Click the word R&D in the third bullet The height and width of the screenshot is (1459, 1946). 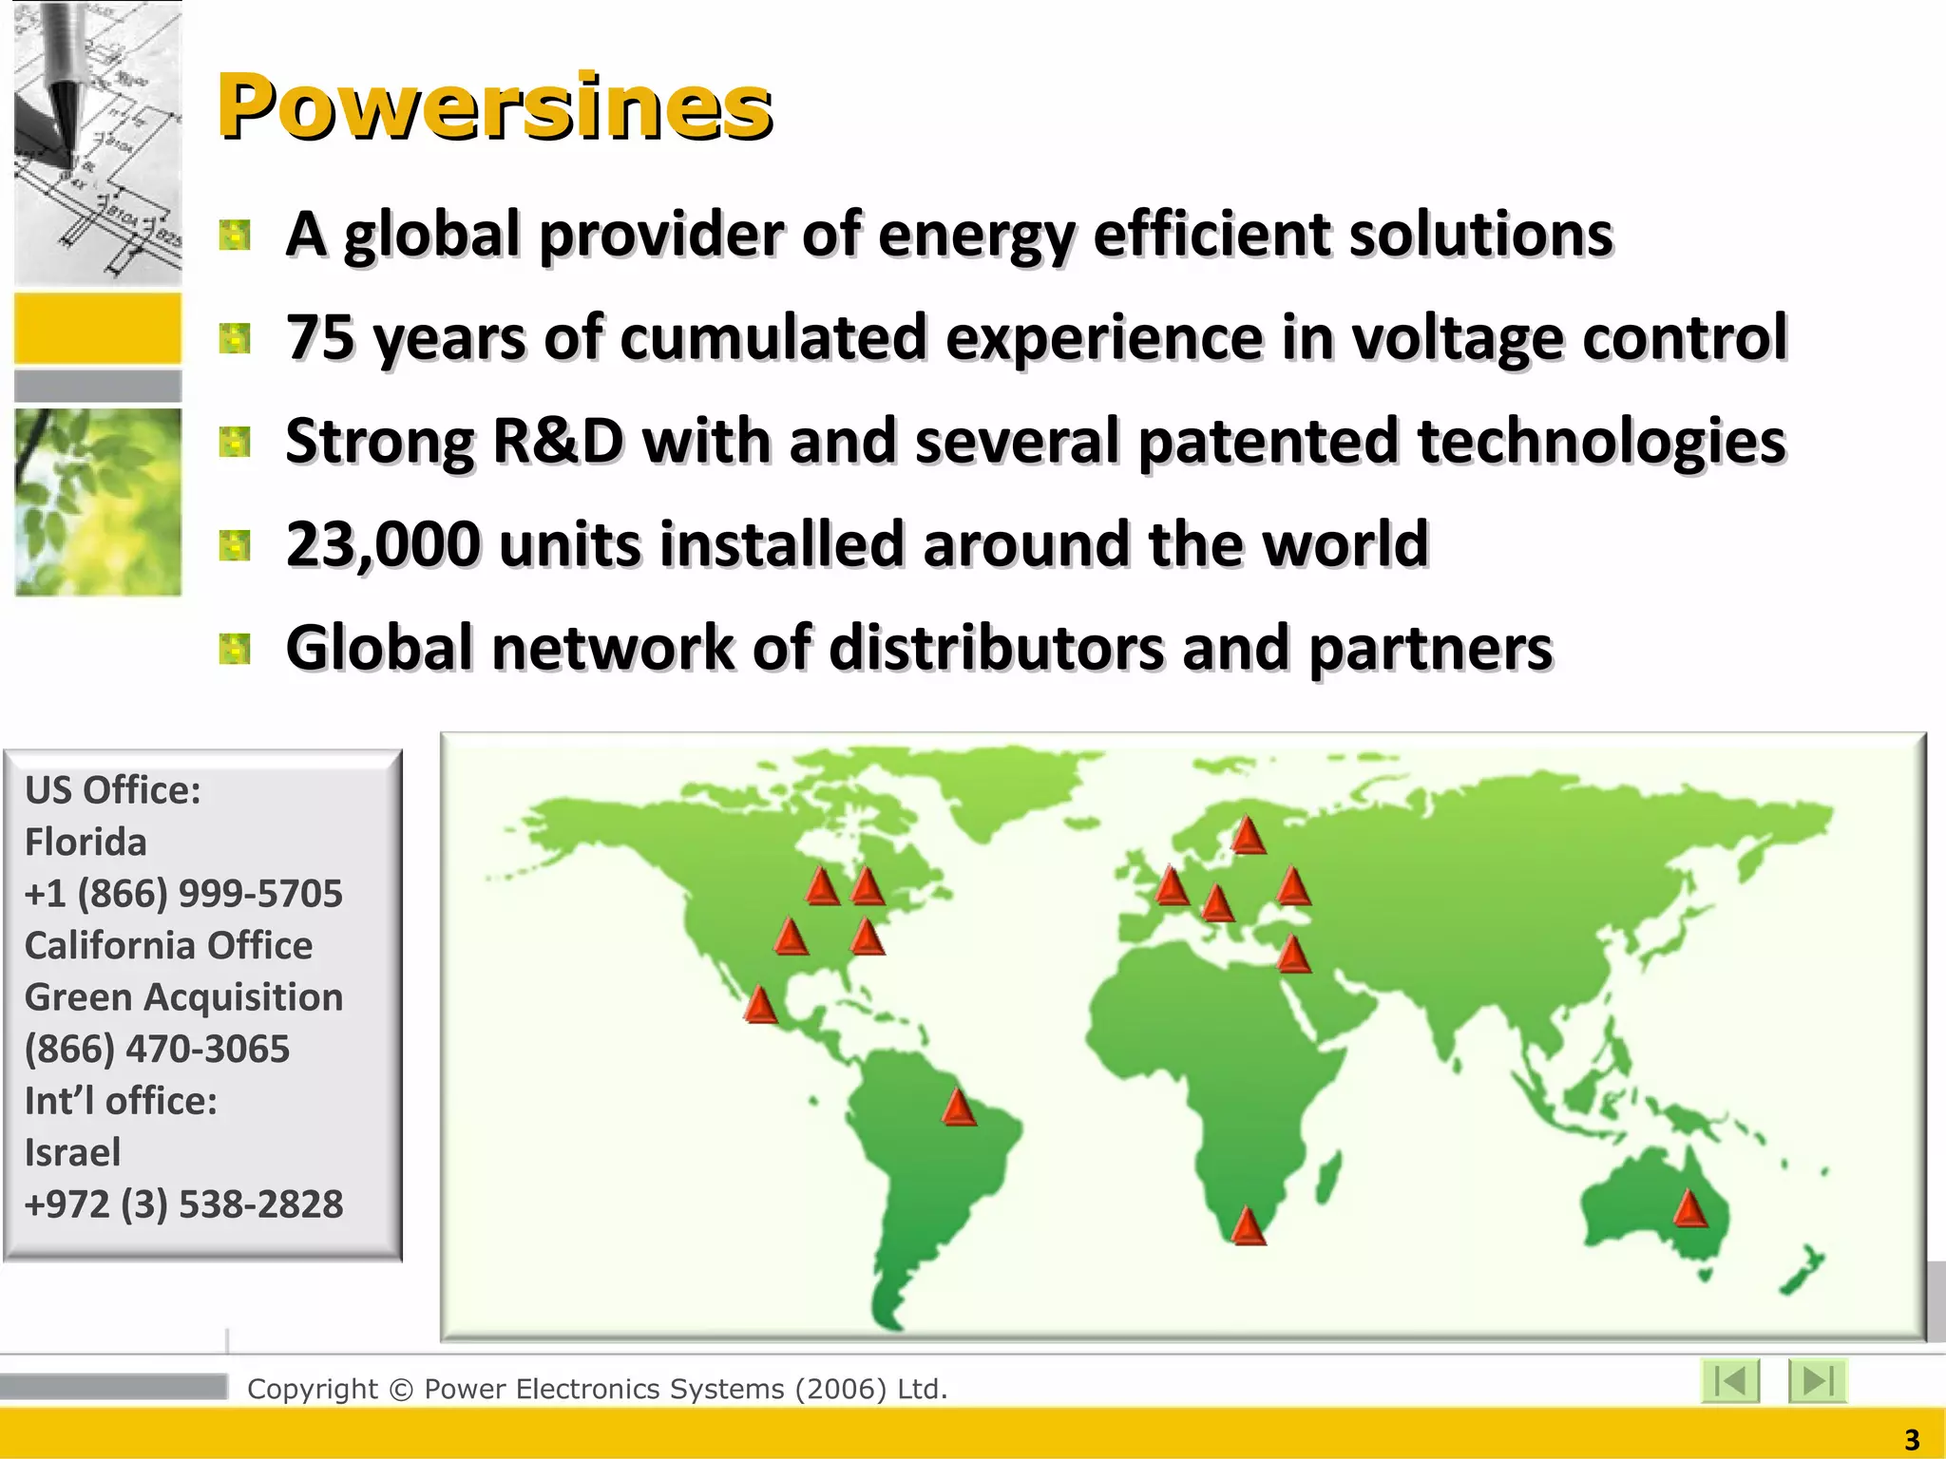point(558,442)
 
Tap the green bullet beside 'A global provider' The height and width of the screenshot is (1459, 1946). point(235,235)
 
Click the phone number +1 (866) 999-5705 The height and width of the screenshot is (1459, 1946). point(183,894)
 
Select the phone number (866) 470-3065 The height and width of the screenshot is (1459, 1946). point(157,1050)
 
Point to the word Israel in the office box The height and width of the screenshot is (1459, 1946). point(72,1153)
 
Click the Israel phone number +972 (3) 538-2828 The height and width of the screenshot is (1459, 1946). point(183,1204)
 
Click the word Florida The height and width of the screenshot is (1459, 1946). point(86,843)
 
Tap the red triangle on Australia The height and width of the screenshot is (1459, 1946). point(1689,1209)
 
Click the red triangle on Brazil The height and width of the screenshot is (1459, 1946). point(959,1108)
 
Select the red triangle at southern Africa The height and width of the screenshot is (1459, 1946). point(1248,1226)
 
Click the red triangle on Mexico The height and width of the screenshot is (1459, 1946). point(760,1005)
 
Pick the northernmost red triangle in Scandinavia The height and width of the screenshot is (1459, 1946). point(1248,836)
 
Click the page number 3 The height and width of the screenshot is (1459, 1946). point(1912,1440)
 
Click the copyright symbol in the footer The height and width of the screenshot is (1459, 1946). point(401,1390)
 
